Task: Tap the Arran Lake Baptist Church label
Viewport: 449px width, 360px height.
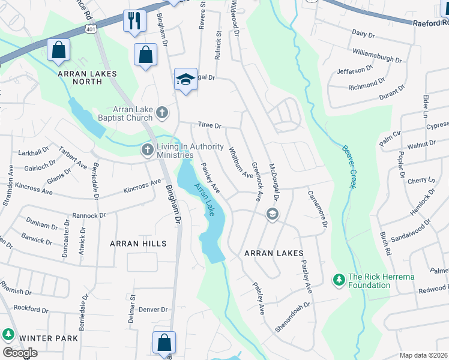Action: click(125, 113)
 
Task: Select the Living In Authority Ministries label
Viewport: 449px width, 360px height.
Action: click(175, 151)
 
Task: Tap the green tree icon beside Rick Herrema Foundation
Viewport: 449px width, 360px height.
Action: click(339, 280)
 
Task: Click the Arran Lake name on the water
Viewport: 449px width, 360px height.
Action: click(204, 199)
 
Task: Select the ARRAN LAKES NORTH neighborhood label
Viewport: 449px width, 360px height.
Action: click(87, 77)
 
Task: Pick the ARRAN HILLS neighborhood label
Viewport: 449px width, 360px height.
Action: click(138, 244)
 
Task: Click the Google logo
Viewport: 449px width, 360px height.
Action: click(20, 353)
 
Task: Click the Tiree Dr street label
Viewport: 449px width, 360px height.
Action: click(211, 127)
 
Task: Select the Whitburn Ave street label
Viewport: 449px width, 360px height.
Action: click(240, 163)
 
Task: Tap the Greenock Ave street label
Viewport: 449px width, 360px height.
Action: click(256, 181)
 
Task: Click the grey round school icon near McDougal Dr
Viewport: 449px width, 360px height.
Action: click(273, 214)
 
